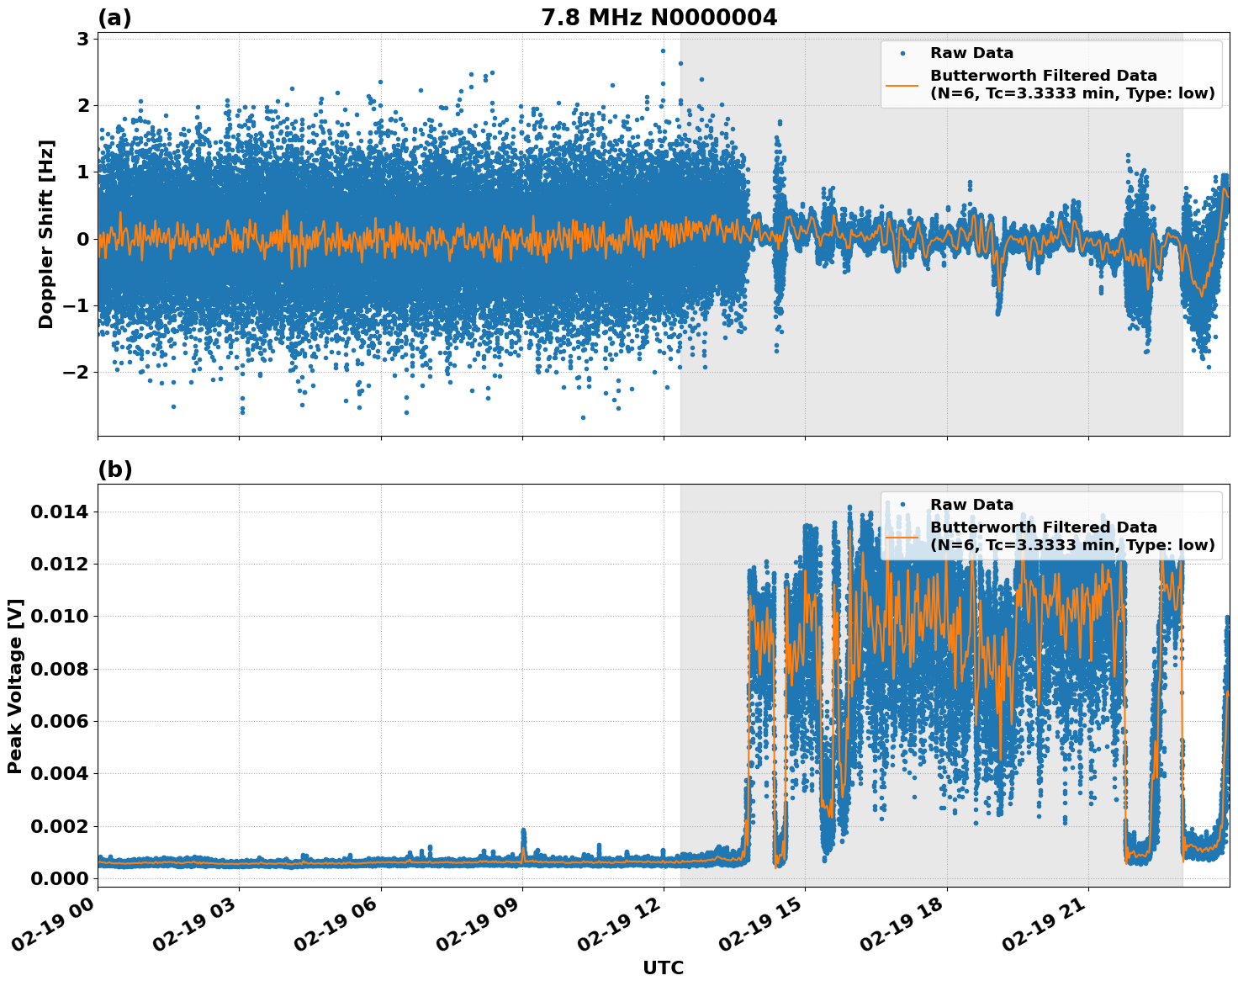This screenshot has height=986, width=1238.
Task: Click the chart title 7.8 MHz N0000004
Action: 659,18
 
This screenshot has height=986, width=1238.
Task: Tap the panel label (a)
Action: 114,18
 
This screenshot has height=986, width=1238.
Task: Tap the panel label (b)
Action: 114,469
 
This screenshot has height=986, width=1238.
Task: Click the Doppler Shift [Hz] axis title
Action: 46,234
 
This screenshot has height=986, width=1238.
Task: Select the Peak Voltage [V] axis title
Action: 15,686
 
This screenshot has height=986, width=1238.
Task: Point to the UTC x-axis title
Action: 663,967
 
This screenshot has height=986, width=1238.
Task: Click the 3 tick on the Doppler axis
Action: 83,39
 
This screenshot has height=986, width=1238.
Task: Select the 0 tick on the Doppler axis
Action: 83,239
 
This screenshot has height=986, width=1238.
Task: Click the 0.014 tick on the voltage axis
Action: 61,512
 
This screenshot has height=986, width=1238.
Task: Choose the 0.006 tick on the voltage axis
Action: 61,721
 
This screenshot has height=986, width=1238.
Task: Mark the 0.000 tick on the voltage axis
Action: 61,878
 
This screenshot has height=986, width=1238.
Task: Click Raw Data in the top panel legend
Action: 971,53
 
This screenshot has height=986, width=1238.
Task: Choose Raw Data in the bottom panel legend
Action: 971,505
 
